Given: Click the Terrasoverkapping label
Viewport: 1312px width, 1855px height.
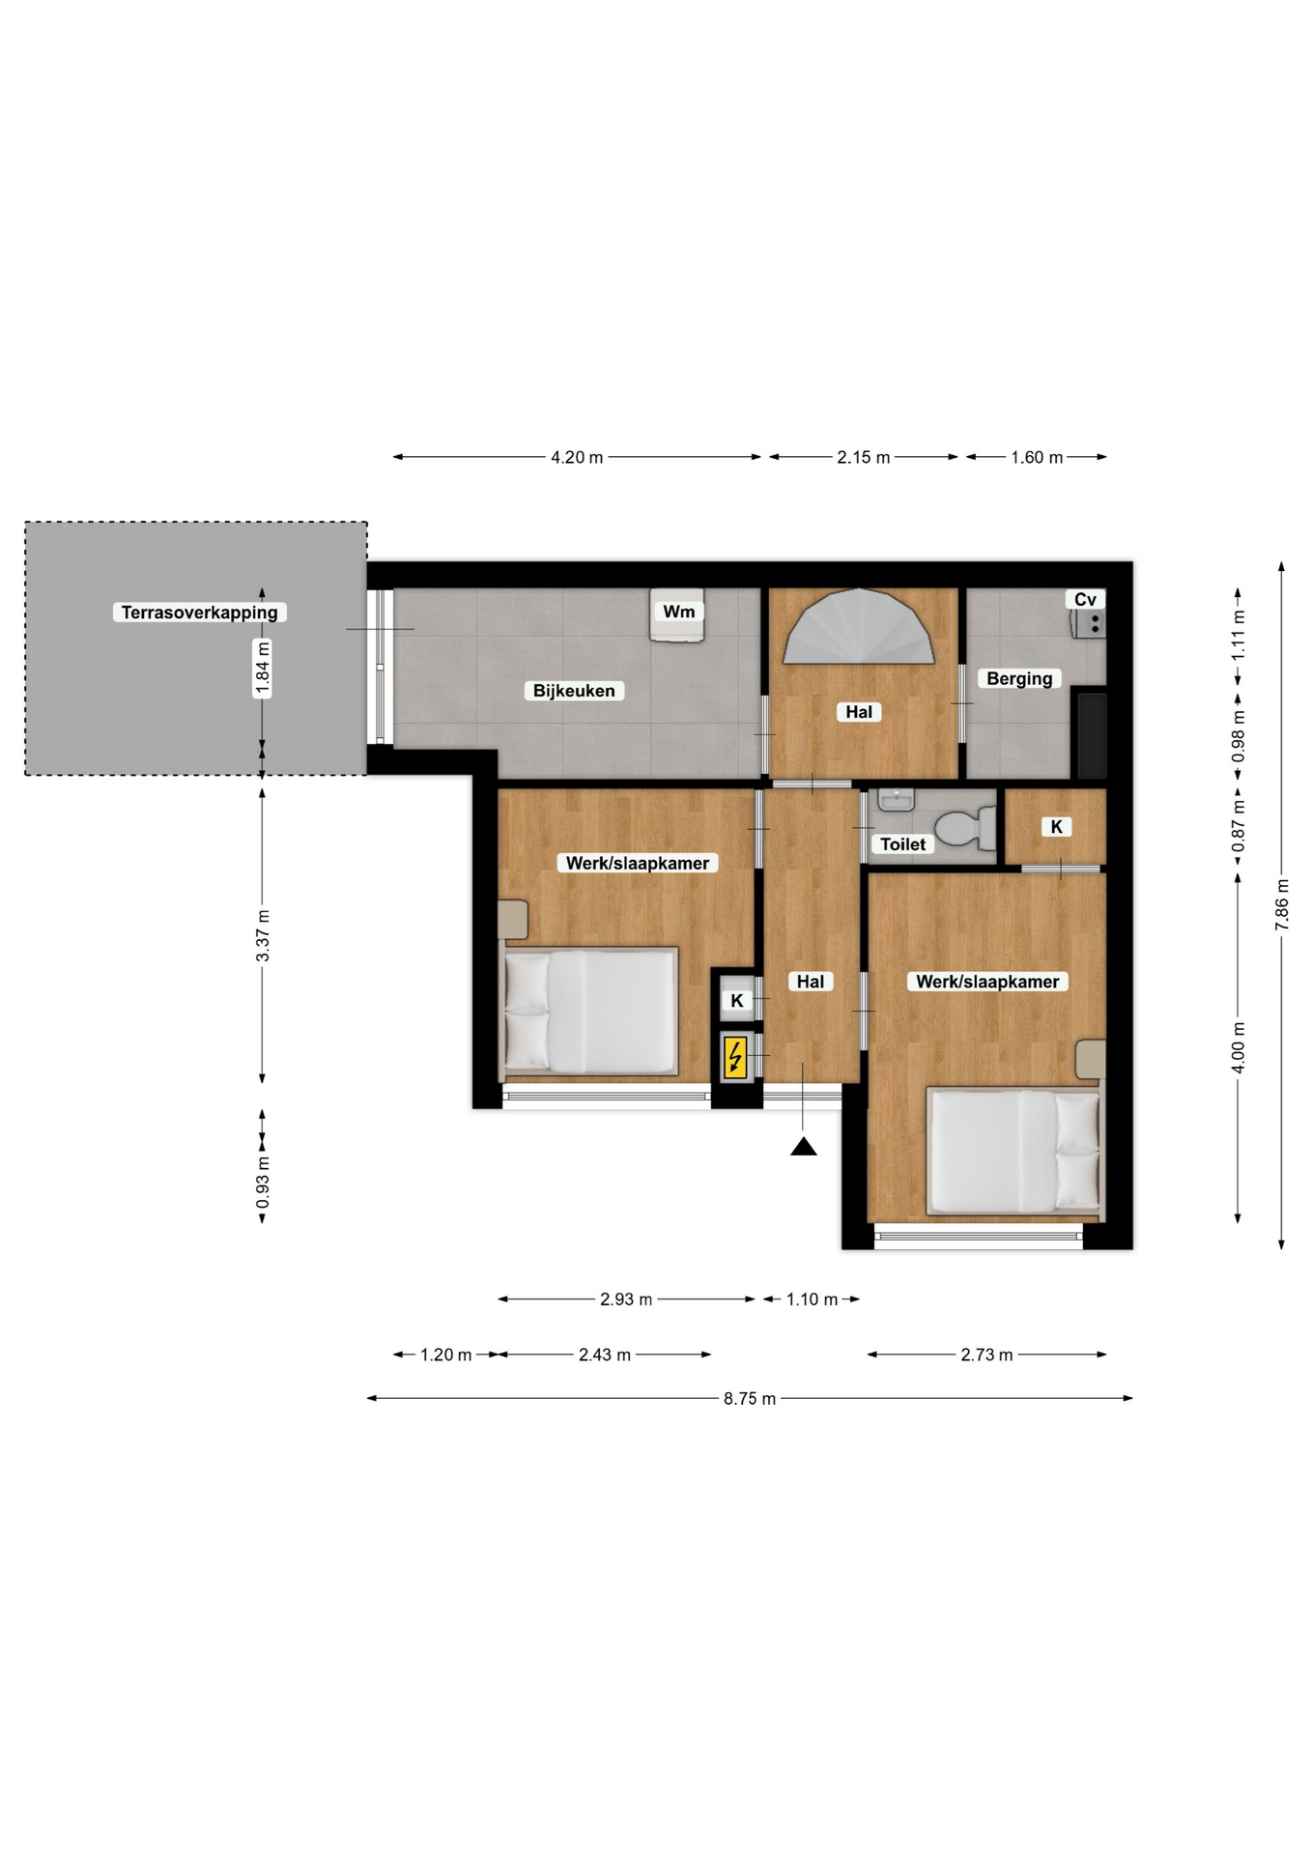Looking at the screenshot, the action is point(199,612).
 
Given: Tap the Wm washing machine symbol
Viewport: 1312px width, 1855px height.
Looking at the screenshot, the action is point(677,615).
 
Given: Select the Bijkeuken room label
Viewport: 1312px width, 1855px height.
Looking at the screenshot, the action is point(574,691).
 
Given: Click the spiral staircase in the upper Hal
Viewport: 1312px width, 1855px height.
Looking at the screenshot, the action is point(858,627).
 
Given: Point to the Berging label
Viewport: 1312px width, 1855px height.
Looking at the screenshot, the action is point(1019,678).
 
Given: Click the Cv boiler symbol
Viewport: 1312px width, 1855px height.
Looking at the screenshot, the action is point(1088,614).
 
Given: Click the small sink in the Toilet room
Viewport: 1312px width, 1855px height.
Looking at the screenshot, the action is point(897,800).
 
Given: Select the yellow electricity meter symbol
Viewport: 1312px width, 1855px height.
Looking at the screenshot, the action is point(735,1057).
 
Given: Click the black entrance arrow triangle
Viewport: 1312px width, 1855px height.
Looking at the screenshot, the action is point(804,1147).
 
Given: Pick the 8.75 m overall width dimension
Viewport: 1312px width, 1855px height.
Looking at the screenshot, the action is point(750,1398).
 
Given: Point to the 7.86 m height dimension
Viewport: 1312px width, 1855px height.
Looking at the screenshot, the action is point(1282,905).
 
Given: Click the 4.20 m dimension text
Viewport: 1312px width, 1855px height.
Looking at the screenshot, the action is point(577,457).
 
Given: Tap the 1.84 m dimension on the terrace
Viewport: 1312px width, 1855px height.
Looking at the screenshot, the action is point(262,667).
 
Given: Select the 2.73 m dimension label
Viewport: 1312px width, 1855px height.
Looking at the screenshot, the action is point(986,1355).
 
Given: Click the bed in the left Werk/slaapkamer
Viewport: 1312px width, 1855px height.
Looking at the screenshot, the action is point(590,1011).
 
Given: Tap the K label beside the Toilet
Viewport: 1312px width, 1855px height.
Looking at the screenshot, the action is point(1056,827).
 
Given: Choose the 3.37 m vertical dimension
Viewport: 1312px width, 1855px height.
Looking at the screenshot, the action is point(262,935).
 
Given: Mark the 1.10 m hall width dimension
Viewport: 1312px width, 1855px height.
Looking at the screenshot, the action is point(812,1299).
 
